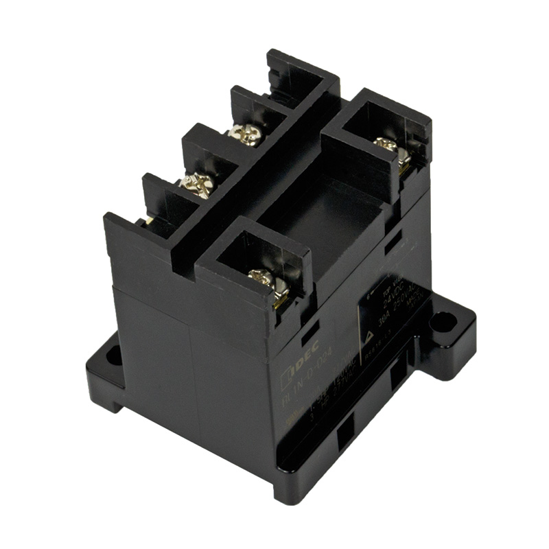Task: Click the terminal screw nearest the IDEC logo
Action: tap(262, 279)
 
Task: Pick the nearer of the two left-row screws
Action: tap(197, 183)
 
